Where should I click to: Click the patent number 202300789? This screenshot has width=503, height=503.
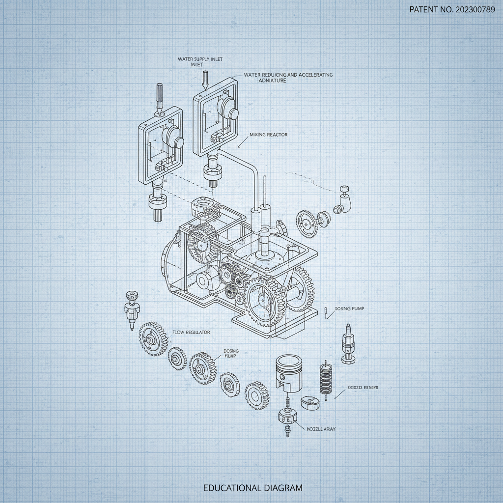[452, 10]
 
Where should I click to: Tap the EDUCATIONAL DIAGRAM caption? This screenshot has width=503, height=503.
[253, 488]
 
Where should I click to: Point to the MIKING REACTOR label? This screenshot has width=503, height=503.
[269, 135]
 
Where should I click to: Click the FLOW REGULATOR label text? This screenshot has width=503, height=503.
[191, 333]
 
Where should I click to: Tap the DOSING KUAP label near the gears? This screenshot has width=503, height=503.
[231, 354]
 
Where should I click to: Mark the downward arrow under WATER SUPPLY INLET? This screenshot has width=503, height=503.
[205, 80]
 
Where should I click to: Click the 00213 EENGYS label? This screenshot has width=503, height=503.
[363, 388]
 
